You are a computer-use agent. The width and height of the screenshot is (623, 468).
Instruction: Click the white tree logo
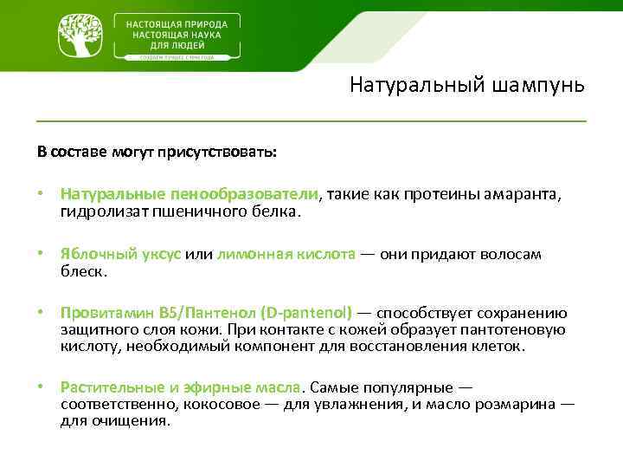point(80,36)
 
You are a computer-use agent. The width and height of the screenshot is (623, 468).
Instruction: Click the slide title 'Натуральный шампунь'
point(467,85)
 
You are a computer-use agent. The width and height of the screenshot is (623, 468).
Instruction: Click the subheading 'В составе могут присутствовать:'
point(157,152)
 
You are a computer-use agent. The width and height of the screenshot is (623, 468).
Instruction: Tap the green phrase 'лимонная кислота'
point(286,255)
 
